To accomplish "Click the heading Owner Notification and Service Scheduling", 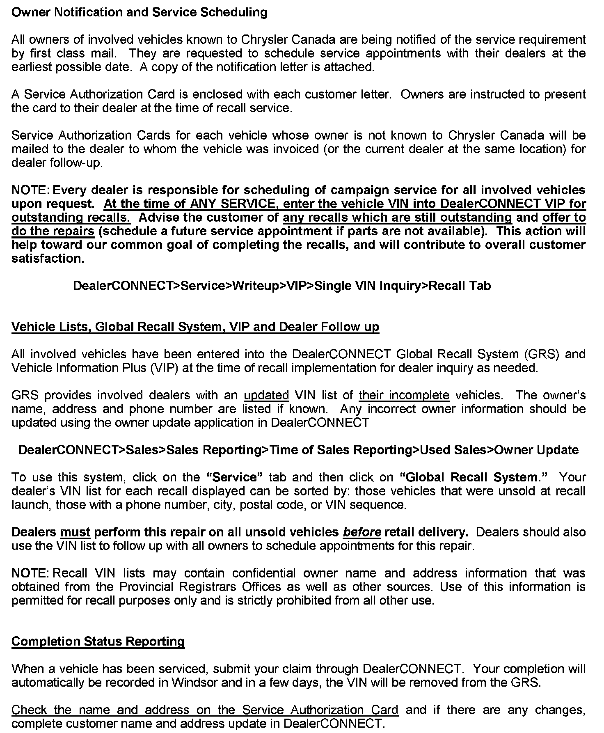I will point(139,12).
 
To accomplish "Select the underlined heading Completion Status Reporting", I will point(98,641).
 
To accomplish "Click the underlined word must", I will point(75,532).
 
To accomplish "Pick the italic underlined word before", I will point(362,532).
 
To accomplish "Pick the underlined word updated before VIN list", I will point(266,395).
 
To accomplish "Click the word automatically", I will point(49,683).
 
